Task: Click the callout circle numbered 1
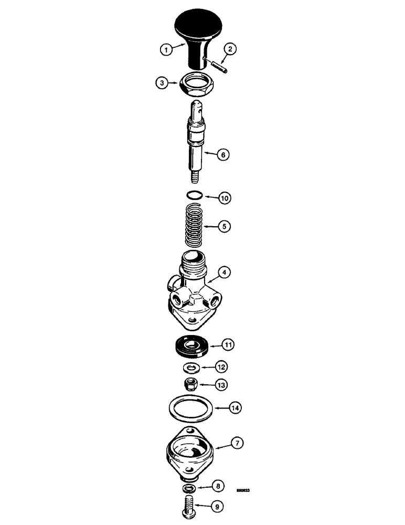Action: point(166,50)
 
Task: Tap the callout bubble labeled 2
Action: point(229,50)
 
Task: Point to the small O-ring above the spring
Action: point(195,196)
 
